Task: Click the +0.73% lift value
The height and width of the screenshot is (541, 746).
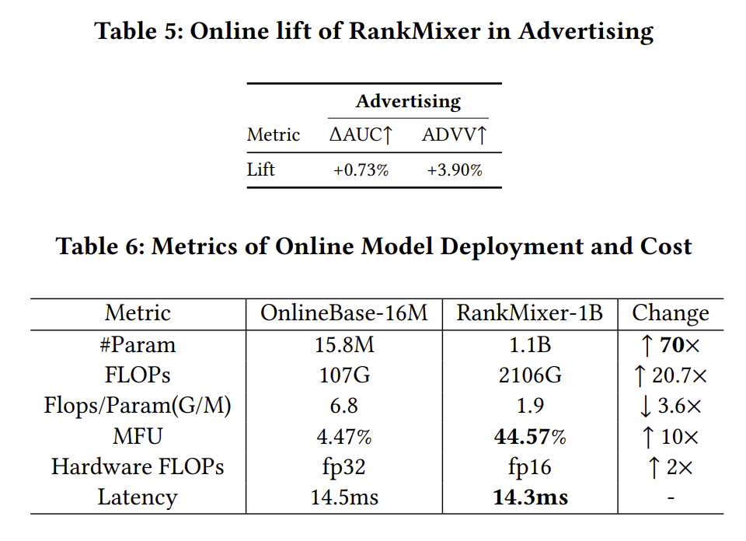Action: (x=361, y=169)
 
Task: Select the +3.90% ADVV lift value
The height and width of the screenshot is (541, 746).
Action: (x=455, y=169)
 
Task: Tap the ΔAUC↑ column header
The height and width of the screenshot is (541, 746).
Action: (x=361, y=134)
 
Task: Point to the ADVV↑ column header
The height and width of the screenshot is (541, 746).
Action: (x=455, y=134)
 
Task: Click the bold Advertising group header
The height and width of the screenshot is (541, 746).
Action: (x=408, y=101)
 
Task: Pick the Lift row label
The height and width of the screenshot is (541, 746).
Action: (x=261, y=169)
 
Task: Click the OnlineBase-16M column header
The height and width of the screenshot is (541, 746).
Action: (x=343, y=313)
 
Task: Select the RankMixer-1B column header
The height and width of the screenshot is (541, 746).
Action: (x=529, y=313)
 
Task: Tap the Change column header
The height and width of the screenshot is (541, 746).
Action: (x=670, y=313)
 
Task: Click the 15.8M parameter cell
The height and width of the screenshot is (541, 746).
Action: (x=343, y=344)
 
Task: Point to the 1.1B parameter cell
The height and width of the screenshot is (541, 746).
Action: (x=529, y=344)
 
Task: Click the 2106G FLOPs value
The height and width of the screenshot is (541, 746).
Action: (x=529, y=375)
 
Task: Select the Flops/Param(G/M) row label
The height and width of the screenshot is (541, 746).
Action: (x=138, y=406)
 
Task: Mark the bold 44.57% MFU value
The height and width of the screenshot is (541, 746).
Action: (x=529, y=436)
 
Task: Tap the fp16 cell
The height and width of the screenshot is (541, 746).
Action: (x=529, y=466)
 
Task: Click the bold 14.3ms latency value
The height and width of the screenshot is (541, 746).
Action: (x=529, y=497)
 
